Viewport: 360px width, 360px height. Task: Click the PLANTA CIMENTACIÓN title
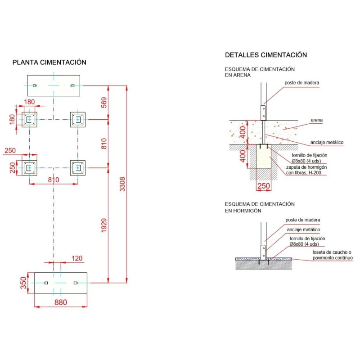click(49, 63)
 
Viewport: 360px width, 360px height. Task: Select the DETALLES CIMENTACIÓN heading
click(266, 55)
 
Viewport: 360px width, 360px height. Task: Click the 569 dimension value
click(104, 103)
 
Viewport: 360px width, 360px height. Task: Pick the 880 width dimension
click(61, 303)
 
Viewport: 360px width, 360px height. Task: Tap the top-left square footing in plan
click(30, 119)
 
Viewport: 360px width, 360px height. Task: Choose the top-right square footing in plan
click(78, 119)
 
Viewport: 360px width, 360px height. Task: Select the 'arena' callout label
click(317, 121)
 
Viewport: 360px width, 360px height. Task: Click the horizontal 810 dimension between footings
click(54, 180)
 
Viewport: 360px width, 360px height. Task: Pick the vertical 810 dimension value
click(104, 144)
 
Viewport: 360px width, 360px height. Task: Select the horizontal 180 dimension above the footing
click(30, 102)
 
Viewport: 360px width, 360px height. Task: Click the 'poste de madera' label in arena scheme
click(302, 83)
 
